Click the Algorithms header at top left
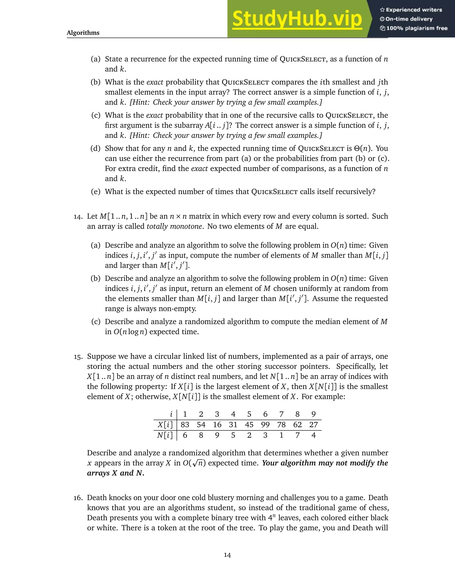[83, 33]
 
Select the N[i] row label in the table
[165, 435]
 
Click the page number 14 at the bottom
[227, 555]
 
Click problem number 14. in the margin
[78, 217]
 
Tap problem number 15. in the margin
[78, 357]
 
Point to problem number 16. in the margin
[78, 498]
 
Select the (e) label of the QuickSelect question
[96, 192]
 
